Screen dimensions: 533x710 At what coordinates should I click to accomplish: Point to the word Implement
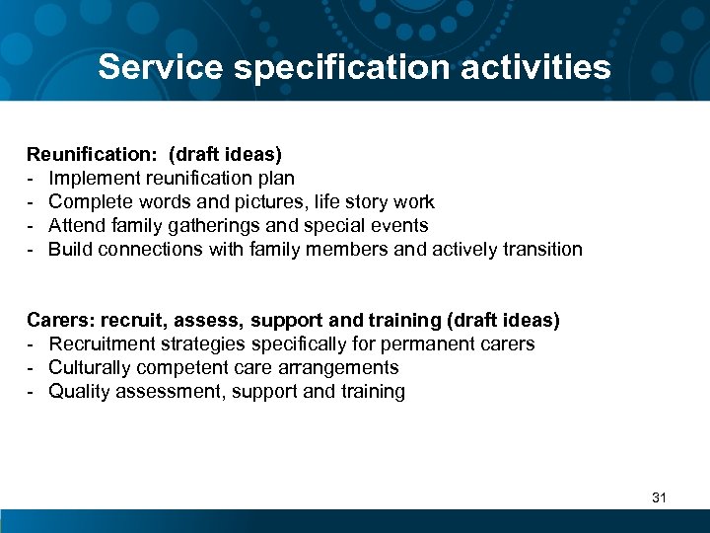pyautogui.click(x=94, y=179)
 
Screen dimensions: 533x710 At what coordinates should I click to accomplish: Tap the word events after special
pyautogui.click(x=398, y=226)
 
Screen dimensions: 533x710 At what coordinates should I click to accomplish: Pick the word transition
pyautogui.click(x=537, y=250)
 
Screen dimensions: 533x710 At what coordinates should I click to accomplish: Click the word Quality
pyautogui.click(x=77, y=392)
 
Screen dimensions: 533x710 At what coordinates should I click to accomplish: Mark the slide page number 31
pyautogui.click(x=659, y=497)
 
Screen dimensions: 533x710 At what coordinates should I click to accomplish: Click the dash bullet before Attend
pyautogui.click(x=32, y=226)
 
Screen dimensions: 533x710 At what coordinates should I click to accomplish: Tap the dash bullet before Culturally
pyautogui.click(x=32, y=368)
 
